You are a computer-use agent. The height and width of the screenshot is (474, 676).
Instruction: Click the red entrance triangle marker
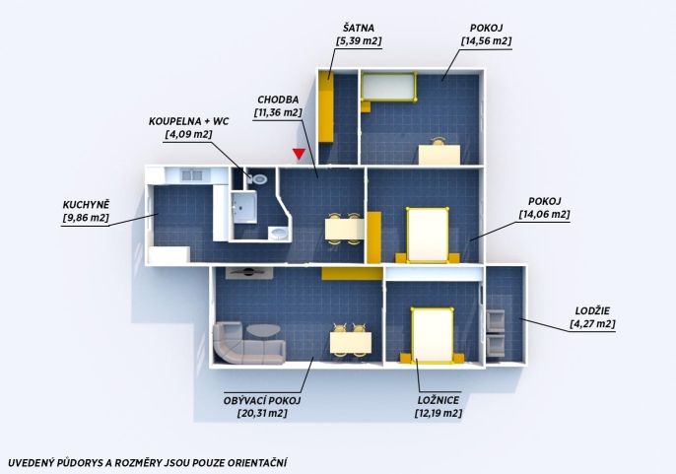(x=299, y=154)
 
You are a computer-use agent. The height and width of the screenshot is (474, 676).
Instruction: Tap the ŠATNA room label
(x=359, y=28)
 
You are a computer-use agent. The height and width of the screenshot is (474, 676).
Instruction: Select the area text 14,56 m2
(x=487, y=41)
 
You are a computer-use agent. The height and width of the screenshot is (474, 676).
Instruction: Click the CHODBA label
(x=278, y=100)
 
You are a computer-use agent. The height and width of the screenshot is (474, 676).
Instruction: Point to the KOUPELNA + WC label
(x=189, y=121)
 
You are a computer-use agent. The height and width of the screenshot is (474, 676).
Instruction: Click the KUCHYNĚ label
(x=87, y=204)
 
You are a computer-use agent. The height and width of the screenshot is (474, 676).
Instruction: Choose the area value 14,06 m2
(x=545, y=215)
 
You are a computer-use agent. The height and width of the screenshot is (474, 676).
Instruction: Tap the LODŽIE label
(x=592, y=311)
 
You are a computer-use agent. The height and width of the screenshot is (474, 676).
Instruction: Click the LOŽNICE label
(x=439, y=400)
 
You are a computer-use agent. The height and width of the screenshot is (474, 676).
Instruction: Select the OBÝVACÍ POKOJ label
(x=262, y=400)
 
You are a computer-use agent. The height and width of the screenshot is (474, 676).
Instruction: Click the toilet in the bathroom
(x=258, y=178)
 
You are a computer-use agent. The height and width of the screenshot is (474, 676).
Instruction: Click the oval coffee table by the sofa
(x=263, y=331)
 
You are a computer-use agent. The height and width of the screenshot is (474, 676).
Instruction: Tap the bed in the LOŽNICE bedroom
(x=432, y=335)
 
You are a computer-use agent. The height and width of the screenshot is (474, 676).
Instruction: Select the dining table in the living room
(x=351, y=343)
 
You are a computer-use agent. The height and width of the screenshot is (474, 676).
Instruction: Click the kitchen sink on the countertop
(x=192, y=175)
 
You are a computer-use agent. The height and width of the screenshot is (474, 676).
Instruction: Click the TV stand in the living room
(x=248, y=273)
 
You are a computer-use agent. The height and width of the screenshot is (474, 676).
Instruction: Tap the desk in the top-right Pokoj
(x=439, y=155)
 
